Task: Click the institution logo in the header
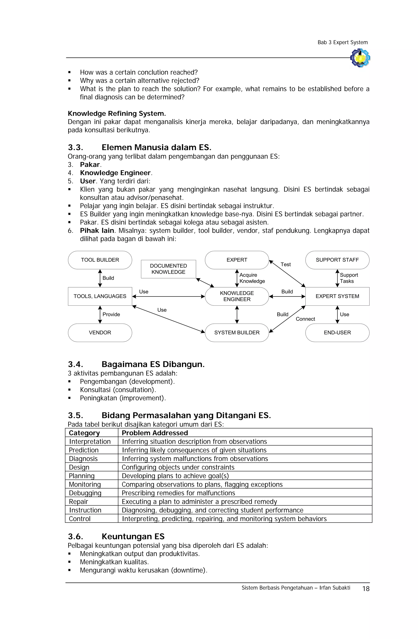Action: (x=360, y=58)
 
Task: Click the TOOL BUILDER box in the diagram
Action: (x=100, y=260)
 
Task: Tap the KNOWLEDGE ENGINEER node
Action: (x=237, y=296)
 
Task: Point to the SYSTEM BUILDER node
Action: (x=237, y=332)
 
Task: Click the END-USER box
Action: (x=337, y=332)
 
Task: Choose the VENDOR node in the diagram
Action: (x=100, y=332)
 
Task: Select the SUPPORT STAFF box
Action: (x=337, y=260)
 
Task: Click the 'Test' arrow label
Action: (x=286, y=264)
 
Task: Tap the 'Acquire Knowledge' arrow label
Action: (x=252, y=278)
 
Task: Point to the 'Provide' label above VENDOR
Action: (x=111, y=314)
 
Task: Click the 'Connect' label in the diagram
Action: (x=305, y=319)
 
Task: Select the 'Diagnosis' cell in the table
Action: (x=83, y=459)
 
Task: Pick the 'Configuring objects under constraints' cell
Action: (x=178, y=467)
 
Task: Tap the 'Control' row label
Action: (x=80, y=519)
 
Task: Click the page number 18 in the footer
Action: (x=366, y=589)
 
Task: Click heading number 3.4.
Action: (x=76, y=364)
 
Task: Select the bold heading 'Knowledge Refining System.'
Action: (x=117, y=114)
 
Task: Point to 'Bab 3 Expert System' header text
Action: (x=342, y=42)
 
